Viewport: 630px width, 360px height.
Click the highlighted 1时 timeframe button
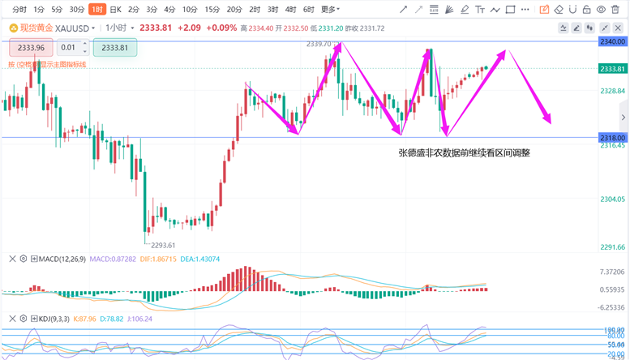click(96, 10)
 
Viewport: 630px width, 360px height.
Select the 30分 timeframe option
click(76, 10)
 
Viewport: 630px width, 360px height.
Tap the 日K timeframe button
click(115, 10)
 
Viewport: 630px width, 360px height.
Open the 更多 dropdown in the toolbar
click(329, 10)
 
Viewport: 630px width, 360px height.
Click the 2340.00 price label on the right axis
click(611, 41)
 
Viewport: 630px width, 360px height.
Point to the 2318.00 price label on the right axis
click(611, 138)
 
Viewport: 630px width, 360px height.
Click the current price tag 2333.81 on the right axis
click(611, 69)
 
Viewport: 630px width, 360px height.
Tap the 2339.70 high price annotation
click(319, 44)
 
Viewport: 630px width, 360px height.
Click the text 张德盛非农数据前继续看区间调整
click(464, 152)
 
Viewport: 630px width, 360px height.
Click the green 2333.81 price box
click(114, 47)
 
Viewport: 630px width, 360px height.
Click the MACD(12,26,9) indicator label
click(62, 259)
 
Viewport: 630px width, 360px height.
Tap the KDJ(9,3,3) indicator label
click(54, 319)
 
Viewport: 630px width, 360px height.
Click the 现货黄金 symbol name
click(36, 28)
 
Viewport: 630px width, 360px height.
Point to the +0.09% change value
click(221, 28)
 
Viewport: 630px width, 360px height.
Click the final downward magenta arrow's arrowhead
click(549, 122)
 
